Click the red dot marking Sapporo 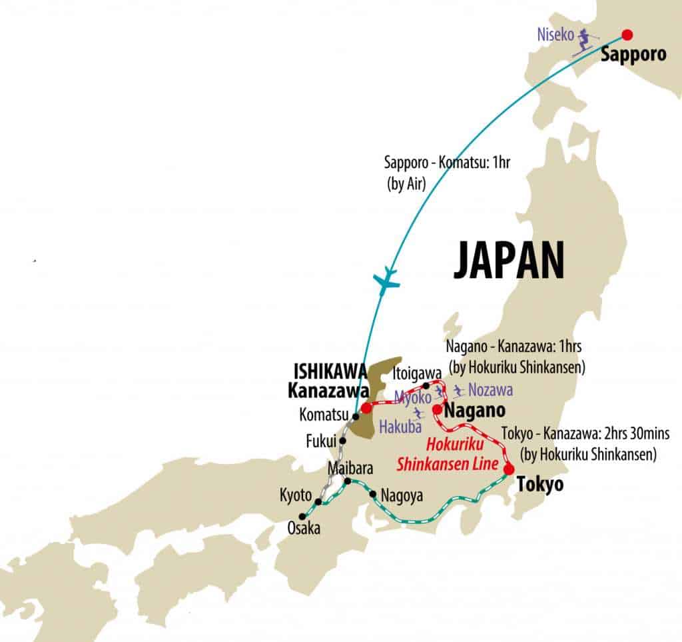pos(627,35)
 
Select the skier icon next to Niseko pos(586,39)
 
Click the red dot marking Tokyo pos(509,469)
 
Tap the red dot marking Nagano pos(437,409)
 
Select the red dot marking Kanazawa pos(366,405)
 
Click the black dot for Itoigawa pos(426,385)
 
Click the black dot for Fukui pos(342,440)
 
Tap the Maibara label pos(346,468)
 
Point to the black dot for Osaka pos(302,516)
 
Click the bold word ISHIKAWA pos(321,370)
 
